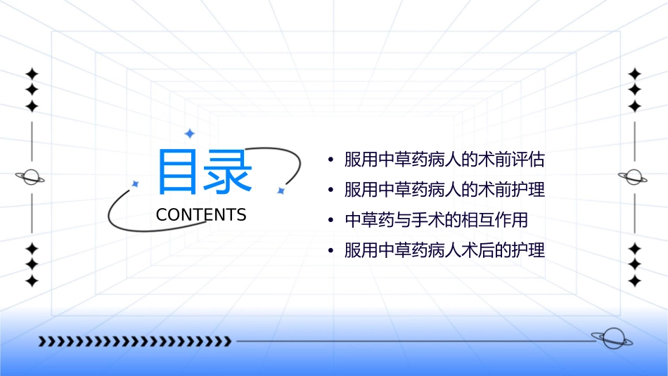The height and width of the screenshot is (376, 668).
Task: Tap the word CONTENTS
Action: point(201,215)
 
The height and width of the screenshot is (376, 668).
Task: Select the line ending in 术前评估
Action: point(444,160)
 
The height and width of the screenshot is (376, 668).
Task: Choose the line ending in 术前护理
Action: point(444,190)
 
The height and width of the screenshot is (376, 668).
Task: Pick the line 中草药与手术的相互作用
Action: point(436,220)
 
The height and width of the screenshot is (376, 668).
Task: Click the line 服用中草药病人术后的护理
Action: point(444,250)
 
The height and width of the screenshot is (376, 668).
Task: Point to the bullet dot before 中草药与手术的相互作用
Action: point(330,221)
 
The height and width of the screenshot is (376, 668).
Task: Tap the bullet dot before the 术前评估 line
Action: point(330,160)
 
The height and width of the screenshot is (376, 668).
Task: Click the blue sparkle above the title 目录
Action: point(188,134)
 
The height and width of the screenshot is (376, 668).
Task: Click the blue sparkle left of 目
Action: point(136,183)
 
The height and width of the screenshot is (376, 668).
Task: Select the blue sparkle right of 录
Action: point(280,190)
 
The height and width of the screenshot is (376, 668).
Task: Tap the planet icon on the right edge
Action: point(634,177)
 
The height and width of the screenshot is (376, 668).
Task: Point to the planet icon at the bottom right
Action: point(611,339)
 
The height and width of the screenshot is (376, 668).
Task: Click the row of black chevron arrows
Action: point(134,342)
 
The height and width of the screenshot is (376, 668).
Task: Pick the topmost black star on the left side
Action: point(32,74)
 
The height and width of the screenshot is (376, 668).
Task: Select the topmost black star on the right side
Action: point(634,74)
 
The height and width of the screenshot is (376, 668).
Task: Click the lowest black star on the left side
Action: point(32,280)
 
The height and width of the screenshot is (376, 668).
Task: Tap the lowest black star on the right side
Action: point(634,280)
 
